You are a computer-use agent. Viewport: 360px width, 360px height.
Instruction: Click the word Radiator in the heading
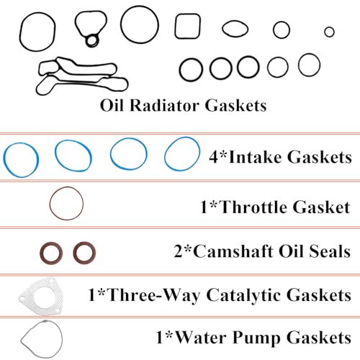pyautogui.click(x=164, y=105)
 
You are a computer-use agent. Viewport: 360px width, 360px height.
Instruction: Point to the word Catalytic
pyautogui.click(x=244, y=295)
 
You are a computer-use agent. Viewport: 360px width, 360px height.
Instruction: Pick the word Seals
pyautogui.click(x=330, y=251)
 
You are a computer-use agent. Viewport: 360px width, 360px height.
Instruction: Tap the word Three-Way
pyautogui.click(x=154, y=296)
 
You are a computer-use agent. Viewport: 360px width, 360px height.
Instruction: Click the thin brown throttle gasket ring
pyautogui.click(x=50, y=204)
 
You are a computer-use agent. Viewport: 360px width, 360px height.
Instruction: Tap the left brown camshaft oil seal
pyautogui.click(x=41, y=253)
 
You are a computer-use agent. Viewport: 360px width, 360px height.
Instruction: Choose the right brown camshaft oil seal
pyautogui.click(x=75, y=253)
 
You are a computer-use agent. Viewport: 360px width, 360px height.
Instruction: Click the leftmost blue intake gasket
pyautogui.click(x=4, y=160)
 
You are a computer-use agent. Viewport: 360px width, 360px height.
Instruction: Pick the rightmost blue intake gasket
pyautogui.click(x=166, y=154)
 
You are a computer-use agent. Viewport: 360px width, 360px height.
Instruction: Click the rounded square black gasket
pyautogui.click(x=176, y=27)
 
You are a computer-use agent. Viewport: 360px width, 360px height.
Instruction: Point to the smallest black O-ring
pyautogui.click(x=325, y=32)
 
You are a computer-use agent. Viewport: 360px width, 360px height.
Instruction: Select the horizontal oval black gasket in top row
pyautogui.click(x=223, y=29)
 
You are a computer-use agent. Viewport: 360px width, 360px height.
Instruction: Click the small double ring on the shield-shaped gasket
pyautogui.click(x=86, y=40)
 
